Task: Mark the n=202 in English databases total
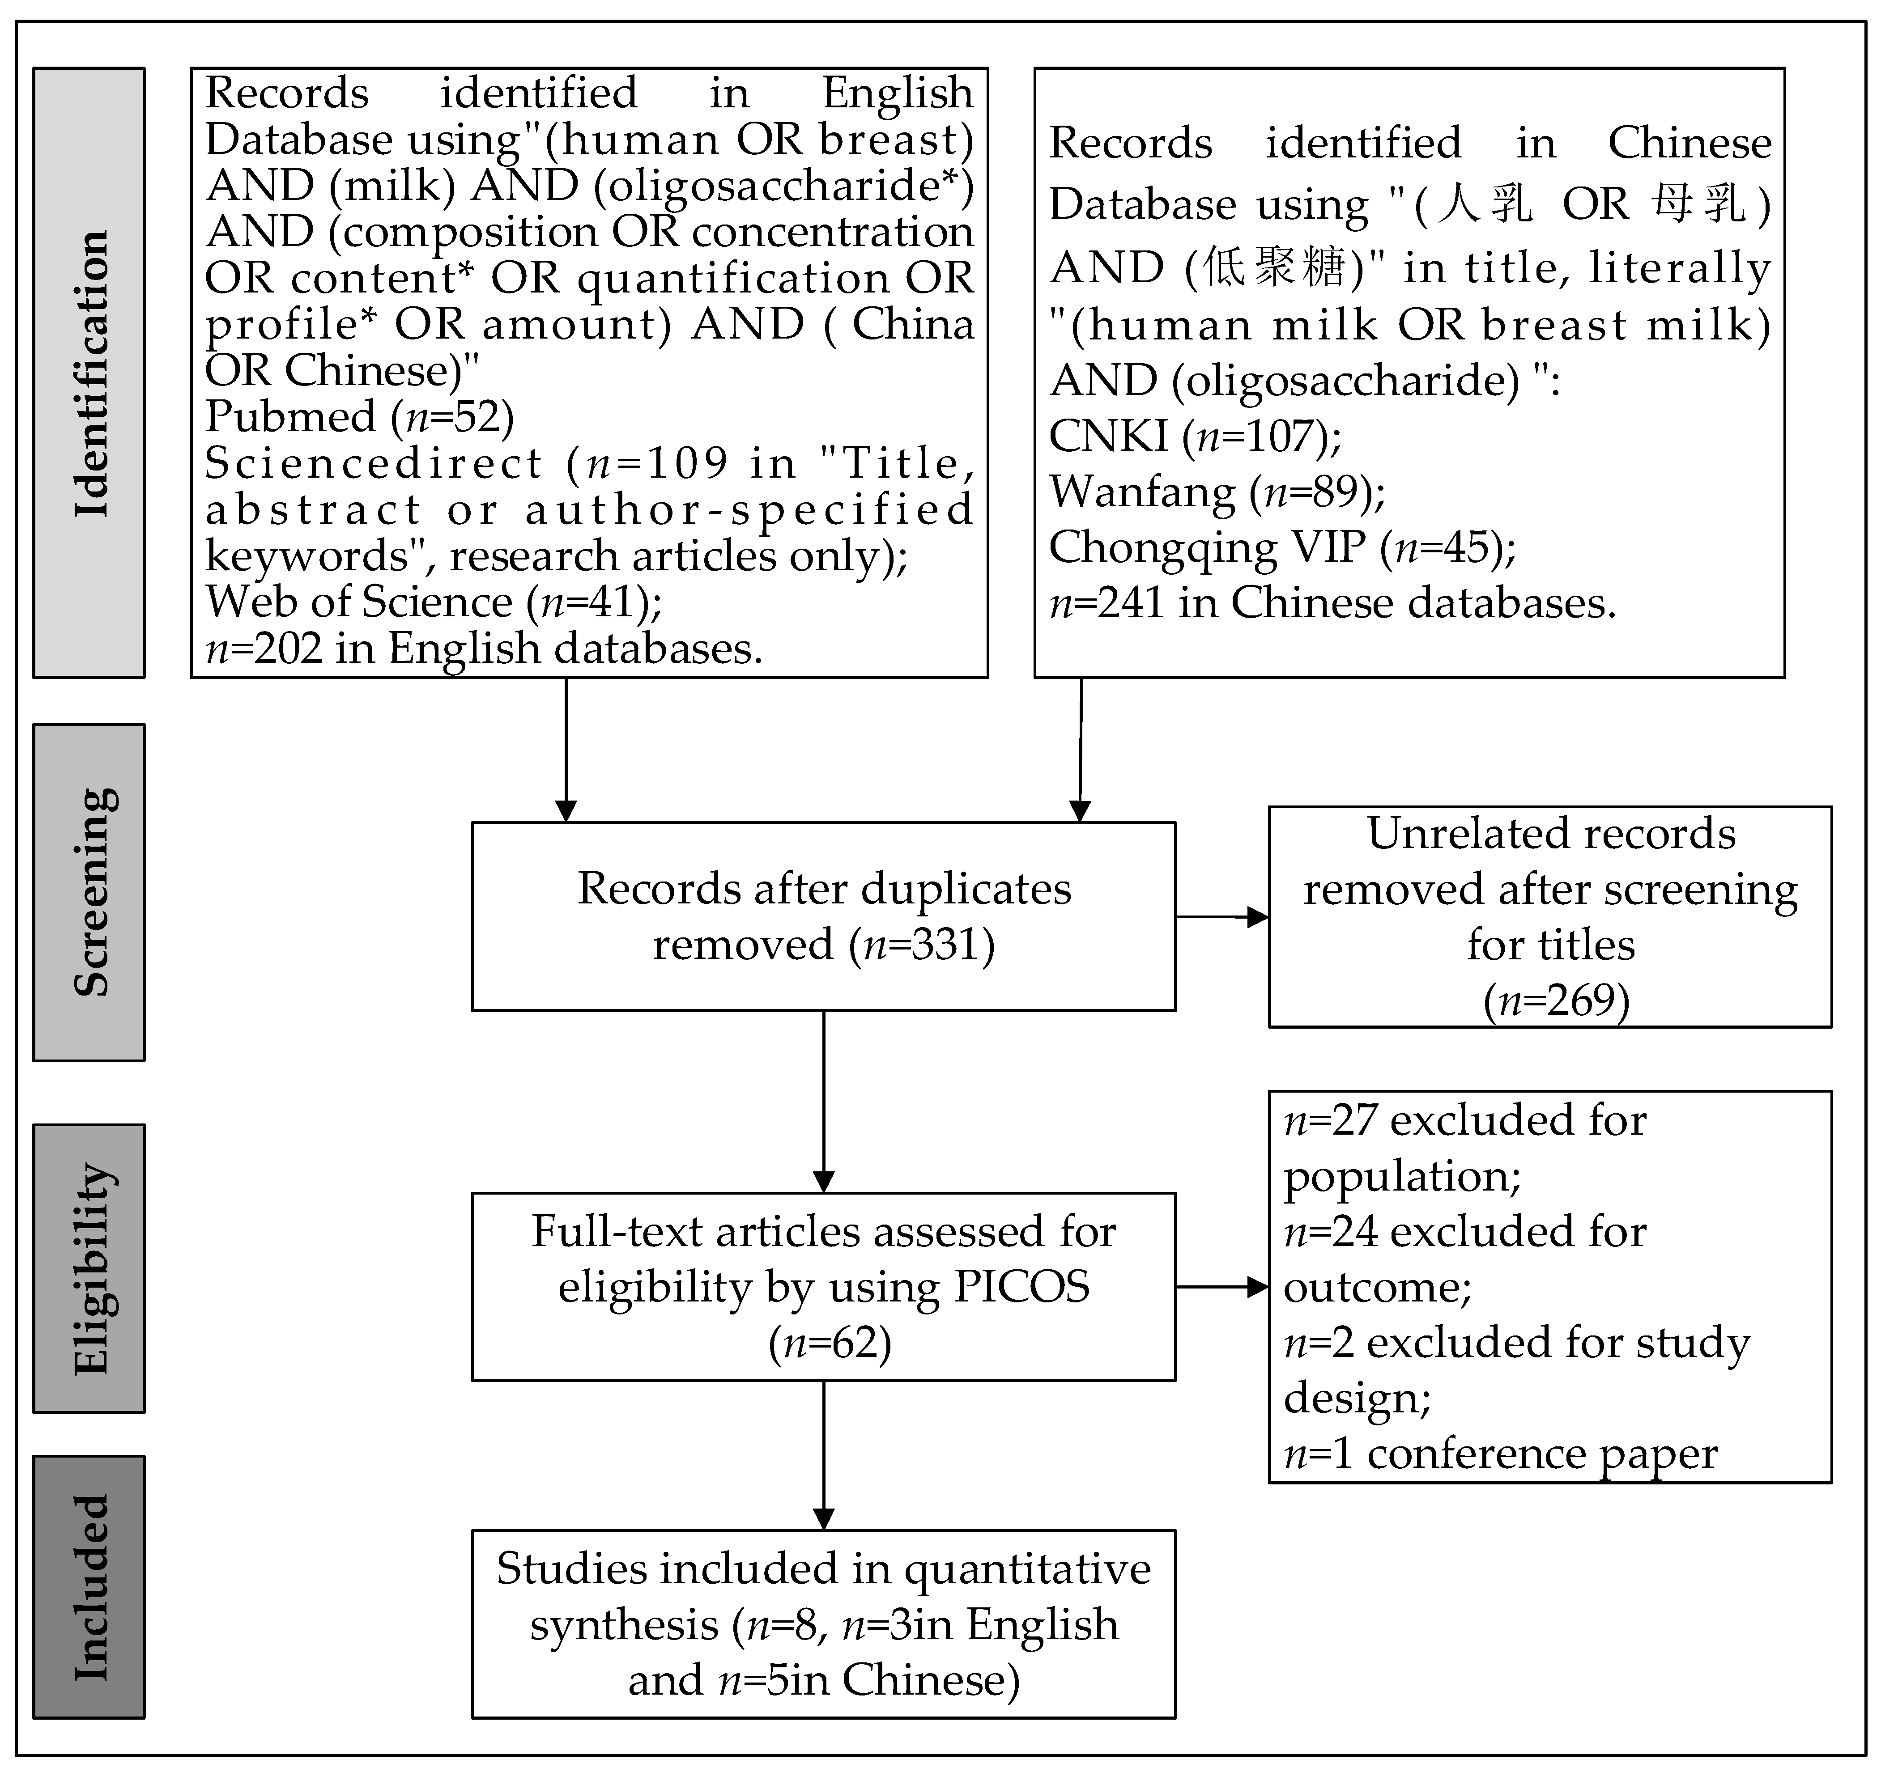click(x=483, y=649)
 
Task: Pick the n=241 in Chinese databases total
click(x=1332, y=603)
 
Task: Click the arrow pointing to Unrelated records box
click(x=1222, y=916)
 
